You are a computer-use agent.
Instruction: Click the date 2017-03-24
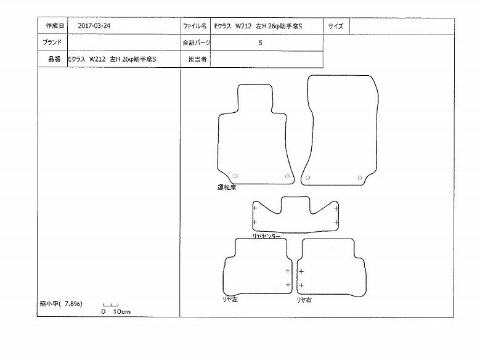94,26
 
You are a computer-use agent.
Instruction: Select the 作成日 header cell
55,26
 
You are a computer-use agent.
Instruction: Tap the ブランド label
52,43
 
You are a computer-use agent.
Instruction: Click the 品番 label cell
54,59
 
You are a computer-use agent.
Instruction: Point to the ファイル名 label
195,26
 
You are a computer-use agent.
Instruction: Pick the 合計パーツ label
196,43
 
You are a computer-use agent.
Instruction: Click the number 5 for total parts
260,43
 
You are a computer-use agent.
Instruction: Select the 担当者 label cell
197,59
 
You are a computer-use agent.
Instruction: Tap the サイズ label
336,26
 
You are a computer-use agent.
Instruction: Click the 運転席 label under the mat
227,187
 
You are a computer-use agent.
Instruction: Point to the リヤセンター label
266,236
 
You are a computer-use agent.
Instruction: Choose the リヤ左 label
230,300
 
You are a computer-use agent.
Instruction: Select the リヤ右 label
304,300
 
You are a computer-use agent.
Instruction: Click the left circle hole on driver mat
235,176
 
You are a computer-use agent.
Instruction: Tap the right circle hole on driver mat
287,176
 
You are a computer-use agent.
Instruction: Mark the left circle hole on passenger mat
307,178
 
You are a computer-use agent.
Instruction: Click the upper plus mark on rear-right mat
301,271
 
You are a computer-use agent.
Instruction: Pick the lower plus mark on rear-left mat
288,285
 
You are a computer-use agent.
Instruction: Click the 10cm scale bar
111,305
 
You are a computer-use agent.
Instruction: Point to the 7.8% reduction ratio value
73,304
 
